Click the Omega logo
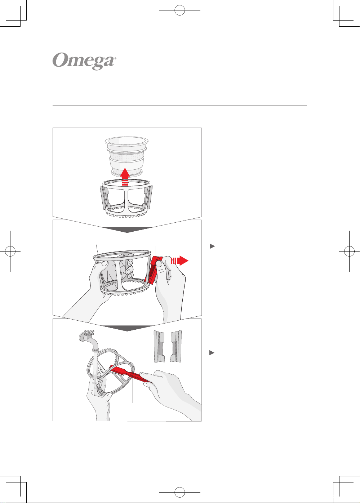tap(84, 61)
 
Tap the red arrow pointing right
tap(179, 261)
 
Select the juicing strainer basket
tap(126, 156)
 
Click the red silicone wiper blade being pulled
tap(154, 270)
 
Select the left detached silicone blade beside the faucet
tap(159, 346)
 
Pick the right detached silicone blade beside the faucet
tap(176, 346)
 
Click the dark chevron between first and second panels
tap(127, 230)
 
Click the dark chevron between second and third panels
tap(127, 328)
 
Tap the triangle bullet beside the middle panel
tap(212, 246)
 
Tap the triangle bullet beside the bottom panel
tap(212, 353)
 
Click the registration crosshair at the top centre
tap(180, 10)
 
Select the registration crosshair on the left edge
tap(10, 251)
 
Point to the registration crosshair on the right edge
tap(350, 251)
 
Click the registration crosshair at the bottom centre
tap(180, 493)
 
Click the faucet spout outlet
tap(95, 350)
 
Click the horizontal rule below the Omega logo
tap(180, 106)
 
